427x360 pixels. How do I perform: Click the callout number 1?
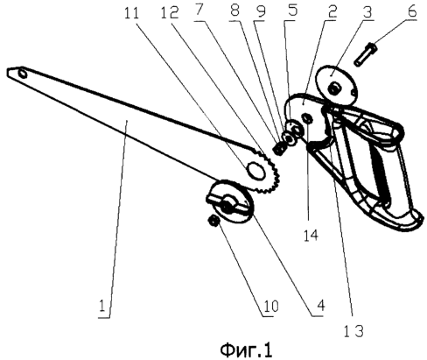(101, 307)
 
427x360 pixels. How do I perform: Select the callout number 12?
(170, 12)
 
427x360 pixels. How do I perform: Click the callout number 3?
(367, 11)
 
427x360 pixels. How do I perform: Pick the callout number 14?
(311, 236)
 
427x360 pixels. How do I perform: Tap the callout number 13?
(353, 332)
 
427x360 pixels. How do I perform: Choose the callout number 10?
(271, 307)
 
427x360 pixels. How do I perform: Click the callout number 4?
(320, 306)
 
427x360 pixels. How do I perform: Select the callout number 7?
(199, 11)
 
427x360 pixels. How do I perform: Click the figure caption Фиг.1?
(246, 350)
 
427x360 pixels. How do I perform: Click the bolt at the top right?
(365, 53)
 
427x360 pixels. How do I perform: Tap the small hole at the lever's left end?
(22, 74)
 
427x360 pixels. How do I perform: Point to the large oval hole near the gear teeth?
(255, 170)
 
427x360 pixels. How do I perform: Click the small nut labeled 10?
(213, 221)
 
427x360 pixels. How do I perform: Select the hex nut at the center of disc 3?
(333, 88)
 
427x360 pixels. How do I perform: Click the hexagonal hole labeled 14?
(308, 118)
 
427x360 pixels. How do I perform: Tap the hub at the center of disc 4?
(227, 204)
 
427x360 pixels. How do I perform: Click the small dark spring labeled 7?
(277, 148)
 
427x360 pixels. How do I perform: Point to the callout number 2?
(332, 11)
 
